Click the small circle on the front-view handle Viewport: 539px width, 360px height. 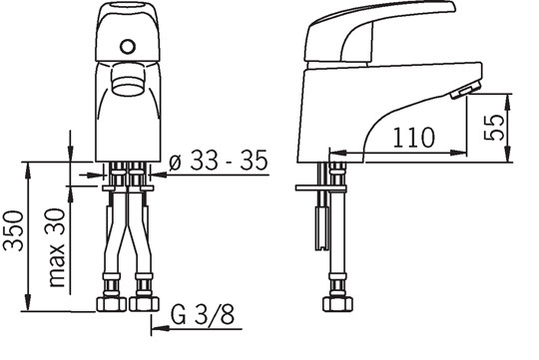coord(127,46)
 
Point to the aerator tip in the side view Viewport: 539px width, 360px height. coord(461,94)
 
